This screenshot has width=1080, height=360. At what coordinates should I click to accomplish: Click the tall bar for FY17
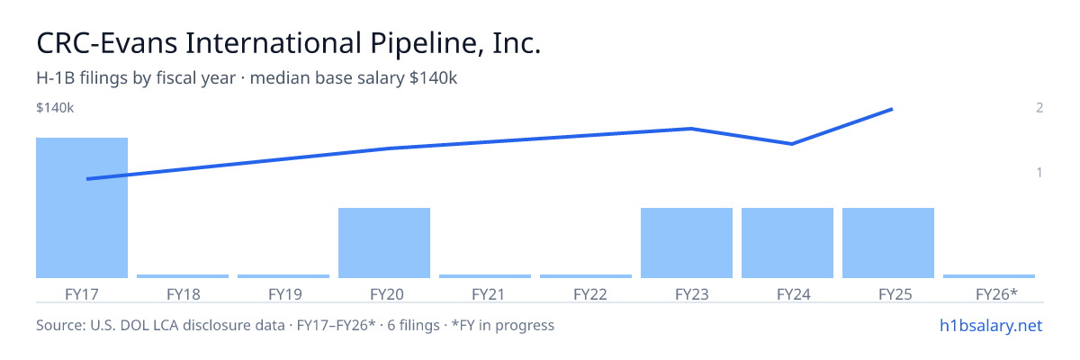[82, 208]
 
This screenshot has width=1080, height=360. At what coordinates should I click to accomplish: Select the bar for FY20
[384, 243]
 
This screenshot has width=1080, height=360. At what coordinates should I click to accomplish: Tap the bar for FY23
[687, 243]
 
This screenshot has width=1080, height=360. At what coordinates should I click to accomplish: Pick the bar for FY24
[787, 243]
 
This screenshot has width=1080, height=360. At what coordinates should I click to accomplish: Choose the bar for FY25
[888, 243]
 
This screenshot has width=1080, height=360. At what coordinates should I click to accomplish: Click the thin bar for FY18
[183, 276]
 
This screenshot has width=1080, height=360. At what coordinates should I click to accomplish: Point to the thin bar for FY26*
[989, 276]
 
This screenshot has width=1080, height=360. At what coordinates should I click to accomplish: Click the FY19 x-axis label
[285, 294]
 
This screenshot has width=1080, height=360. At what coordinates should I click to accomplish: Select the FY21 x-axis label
[488, 294]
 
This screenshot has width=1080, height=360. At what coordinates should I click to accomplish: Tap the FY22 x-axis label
[589, 294]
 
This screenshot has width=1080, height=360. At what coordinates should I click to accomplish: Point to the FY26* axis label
[996, 294]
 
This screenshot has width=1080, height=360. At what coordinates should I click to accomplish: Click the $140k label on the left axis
[55, 108]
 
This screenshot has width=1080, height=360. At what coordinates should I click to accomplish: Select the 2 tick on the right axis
[1039, 107]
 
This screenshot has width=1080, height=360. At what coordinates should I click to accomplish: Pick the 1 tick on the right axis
[1039, 173]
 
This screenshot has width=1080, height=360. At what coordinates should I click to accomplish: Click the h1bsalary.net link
[991, 326]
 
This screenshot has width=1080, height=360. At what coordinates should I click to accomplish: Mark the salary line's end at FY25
[892, 110]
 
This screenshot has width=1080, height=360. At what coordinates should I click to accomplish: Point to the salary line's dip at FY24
[792, 144]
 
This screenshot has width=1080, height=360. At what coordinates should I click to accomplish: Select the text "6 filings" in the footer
[413, 325]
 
